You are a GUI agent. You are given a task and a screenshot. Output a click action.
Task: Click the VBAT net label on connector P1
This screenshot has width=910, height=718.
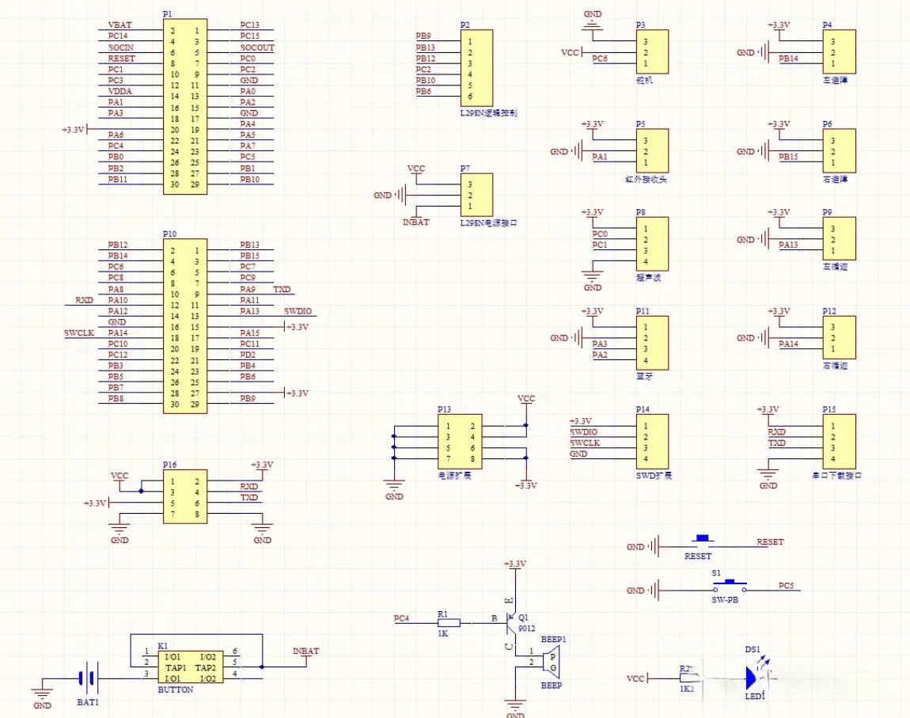(x=119, y=25)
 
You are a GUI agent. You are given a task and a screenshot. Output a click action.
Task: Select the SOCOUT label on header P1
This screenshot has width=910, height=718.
(x=257, y=47)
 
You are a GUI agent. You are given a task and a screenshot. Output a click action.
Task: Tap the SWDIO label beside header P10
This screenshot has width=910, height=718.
(x=298, y=312)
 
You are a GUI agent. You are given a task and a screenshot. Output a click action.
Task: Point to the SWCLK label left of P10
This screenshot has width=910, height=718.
(x=79, y=333)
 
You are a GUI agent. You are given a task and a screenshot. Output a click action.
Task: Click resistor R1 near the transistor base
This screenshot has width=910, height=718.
(x=448, y=623)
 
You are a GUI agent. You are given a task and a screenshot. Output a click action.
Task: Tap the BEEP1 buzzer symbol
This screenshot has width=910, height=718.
(x=553, y=657)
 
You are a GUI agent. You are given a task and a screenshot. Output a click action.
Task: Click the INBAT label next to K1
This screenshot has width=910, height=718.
(x=305, y=652)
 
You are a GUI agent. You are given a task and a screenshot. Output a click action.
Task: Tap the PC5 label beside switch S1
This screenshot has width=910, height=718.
(x=786, y=586)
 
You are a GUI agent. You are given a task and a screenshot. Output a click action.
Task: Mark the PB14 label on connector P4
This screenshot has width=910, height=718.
(x=788, y=59)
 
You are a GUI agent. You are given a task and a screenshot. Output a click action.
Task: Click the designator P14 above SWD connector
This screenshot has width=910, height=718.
(x=643, y=409)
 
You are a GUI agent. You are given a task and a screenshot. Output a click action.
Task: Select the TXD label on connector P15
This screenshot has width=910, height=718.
(x=777, y=443)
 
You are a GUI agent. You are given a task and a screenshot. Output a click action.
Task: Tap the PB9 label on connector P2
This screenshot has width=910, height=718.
(x=423, y=36)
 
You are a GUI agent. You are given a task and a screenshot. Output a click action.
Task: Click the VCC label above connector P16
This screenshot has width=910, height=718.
(x=119, y=476)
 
